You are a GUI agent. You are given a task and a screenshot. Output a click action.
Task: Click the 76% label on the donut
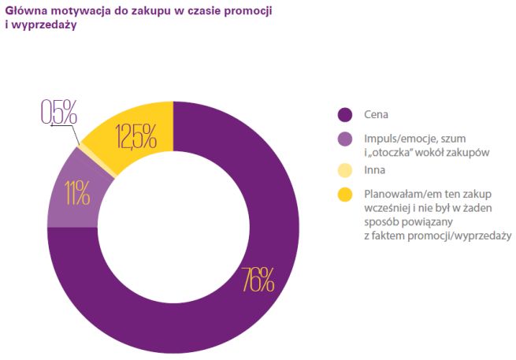click(x=257, y=279)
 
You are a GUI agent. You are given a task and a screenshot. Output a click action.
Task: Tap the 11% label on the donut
click(x=77, y=192)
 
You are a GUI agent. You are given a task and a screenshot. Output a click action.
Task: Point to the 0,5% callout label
click(x=59, y=113)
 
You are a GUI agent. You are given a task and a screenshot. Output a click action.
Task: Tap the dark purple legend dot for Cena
click(x=344, y=115)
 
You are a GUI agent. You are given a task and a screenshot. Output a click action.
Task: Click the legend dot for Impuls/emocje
click(x=344, y=139)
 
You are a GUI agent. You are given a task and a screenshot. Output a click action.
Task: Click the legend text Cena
click(x=376, y=115)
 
